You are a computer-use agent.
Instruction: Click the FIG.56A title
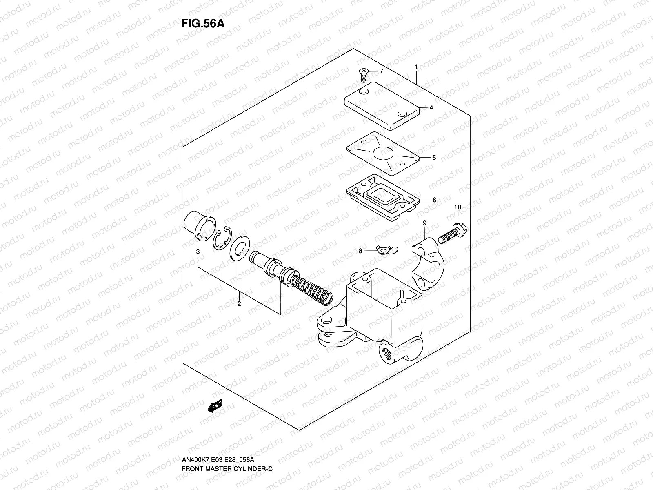203,23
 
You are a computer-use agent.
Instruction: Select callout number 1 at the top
416,67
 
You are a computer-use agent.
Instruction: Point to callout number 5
434,158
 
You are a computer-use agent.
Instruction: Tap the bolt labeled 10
453,233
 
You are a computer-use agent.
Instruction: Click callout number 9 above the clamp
424,223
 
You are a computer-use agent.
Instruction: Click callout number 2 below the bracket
239,304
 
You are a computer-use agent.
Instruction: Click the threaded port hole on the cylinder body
386,351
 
